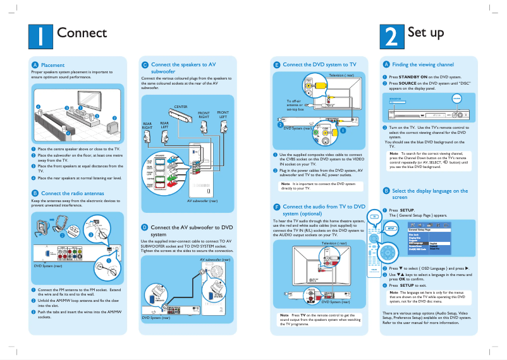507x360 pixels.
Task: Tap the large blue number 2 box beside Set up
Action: (392, 37)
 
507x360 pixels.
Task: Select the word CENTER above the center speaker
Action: (181, 107)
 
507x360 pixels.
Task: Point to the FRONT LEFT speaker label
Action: (223, 114)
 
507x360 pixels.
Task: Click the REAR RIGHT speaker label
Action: (147, 126)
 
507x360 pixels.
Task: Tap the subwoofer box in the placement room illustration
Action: (112, 129)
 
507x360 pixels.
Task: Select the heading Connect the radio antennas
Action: (73, 193)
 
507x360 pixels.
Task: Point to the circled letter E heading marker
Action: (276, 65)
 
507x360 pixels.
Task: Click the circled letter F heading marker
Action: (276, 207)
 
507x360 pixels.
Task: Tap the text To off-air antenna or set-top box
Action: (295, 105)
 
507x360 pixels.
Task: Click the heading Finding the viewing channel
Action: (423, 65)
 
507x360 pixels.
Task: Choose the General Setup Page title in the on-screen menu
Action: (424, 230)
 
